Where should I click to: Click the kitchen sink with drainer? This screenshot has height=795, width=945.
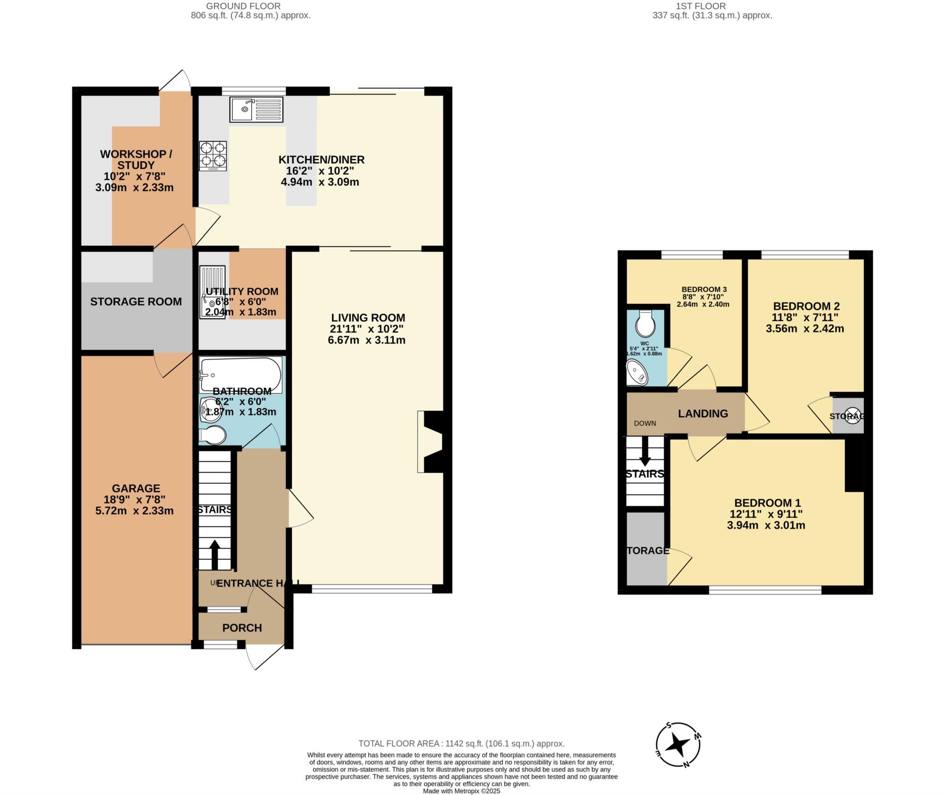tap(256, 110)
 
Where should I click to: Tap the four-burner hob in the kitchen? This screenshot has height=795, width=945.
tap(213, 155)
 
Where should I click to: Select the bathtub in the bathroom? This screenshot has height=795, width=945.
tap(240, 375)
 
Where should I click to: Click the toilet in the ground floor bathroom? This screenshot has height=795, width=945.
tap(213, 435)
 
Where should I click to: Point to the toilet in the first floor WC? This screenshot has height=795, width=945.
tap(645, 323)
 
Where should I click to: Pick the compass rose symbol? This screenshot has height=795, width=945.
tap(678, 744)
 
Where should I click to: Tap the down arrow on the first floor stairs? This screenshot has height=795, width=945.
tap(645, 451)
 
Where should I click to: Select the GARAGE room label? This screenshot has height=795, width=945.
tap(136, 488)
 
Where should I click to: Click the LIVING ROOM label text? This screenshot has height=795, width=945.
tap(368, 318)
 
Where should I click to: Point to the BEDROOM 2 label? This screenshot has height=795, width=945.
tap(806, 306)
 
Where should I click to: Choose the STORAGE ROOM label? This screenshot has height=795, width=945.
tap(136, 302)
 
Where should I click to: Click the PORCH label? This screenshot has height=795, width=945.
tap(242, 628)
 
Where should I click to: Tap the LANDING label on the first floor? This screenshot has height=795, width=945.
tap(703, 414)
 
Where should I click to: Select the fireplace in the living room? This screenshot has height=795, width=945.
tap(431, 441)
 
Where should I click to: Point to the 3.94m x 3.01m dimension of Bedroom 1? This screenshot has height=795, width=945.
tap(766, 525)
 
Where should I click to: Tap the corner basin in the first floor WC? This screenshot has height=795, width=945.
tap(637, 373)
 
